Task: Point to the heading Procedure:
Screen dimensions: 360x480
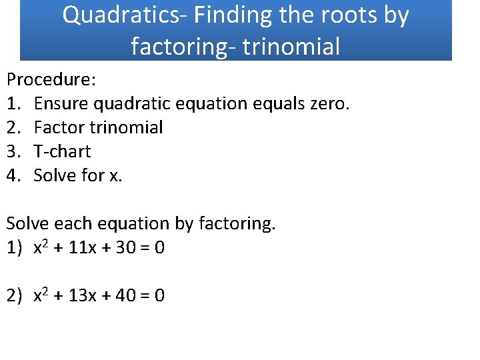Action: click(x=51, y=79)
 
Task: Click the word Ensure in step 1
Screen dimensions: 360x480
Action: click(x=61, y=103)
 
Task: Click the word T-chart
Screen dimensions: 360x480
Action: click(x=62, y=151)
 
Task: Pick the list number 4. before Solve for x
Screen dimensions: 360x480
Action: click(x=15, y=175)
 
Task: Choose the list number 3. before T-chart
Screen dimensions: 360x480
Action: click(x=15, y=151)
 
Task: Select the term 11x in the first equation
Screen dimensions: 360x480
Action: click(x=83, y=248)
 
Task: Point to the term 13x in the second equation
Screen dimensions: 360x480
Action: click(x=83, y=295)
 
